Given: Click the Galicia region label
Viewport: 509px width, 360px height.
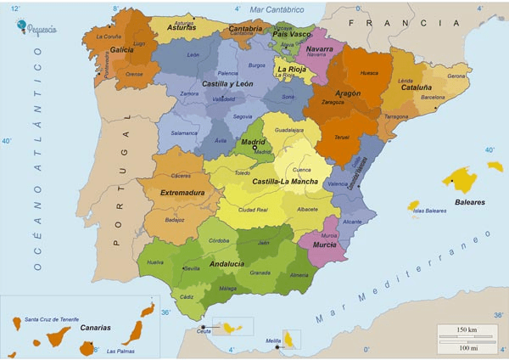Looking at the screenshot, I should pyautogui.click(x=122, y=50).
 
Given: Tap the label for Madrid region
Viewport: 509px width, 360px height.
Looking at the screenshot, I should pyautogui.click(x=255, y=143).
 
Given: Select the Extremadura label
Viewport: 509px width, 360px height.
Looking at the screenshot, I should pyautogui.click(x=182, y=193).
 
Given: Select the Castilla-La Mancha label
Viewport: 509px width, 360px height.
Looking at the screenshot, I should pyautogui.click(x=285, y=183).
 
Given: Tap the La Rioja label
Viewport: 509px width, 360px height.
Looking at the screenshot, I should pyautogui.click(x=293, y=68).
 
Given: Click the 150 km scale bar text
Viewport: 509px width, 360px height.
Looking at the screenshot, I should pyautogui.click(x=467, y=329).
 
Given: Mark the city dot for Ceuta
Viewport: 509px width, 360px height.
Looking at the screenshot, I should pyautogui.click(x=203, y=327).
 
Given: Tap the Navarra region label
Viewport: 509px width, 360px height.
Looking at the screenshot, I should pyautogui.click(x=319, y=49).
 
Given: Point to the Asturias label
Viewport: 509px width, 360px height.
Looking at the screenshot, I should pyautogui.click(x=182, y=27).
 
